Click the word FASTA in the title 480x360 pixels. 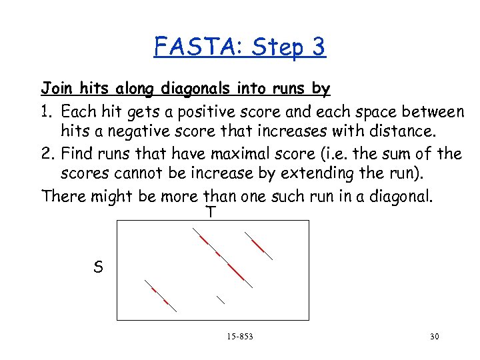196,47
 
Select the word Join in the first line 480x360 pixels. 56,88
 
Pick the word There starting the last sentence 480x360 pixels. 61,197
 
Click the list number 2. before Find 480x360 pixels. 49,153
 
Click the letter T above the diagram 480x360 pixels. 210,213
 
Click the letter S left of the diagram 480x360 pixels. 98,268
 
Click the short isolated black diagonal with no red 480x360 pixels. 221,299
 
